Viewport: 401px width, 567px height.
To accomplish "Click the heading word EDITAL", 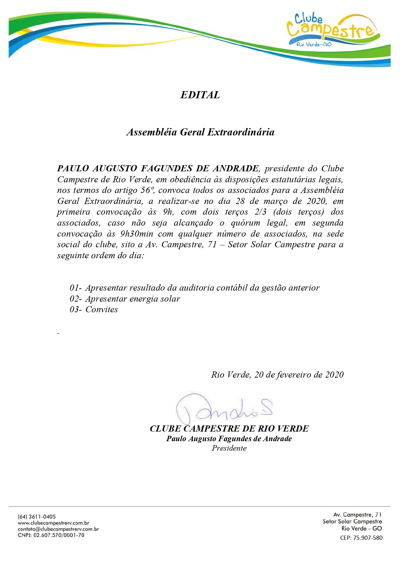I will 200,95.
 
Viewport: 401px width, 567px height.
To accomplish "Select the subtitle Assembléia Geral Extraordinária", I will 200,132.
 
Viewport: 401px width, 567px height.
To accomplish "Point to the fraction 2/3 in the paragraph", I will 260,212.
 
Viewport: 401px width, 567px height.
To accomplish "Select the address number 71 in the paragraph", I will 212,244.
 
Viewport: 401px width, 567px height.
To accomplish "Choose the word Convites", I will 101,310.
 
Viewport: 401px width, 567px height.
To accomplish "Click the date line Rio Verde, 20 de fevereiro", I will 277,375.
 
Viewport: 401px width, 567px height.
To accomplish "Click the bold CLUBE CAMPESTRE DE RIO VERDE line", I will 229,429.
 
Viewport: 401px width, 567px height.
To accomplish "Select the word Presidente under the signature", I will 229,448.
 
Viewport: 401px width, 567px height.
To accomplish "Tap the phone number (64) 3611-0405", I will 37,517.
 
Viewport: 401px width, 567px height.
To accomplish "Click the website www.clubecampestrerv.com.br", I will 53,523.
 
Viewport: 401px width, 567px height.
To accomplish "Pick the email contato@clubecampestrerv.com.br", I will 58,529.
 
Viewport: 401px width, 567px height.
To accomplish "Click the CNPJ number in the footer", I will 51,535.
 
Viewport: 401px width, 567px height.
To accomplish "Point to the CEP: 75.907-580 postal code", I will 361,538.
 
